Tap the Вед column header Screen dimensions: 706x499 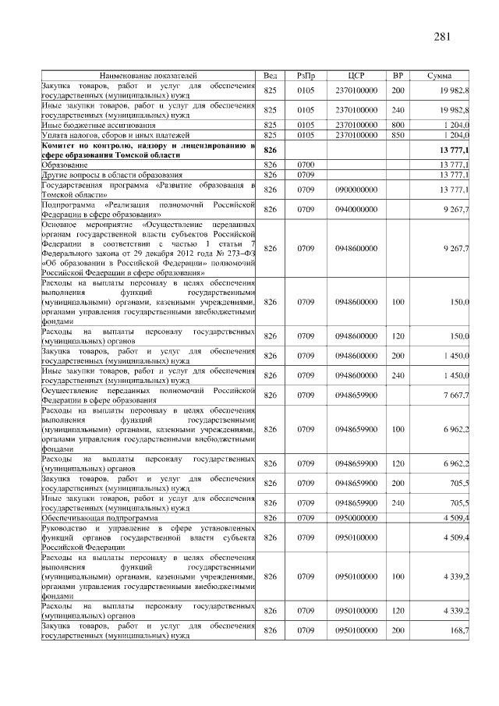[271, 75]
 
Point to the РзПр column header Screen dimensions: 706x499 [306, 75]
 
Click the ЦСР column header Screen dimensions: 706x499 [356, 75]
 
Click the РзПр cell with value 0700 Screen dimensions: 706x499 [306, 165]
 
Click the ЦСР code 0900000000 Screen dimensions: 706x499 [356, 190]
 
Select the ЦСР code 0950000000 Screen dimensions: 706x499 [356, 517]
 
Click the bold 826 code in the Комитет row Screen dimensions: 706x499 [271, 150]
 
